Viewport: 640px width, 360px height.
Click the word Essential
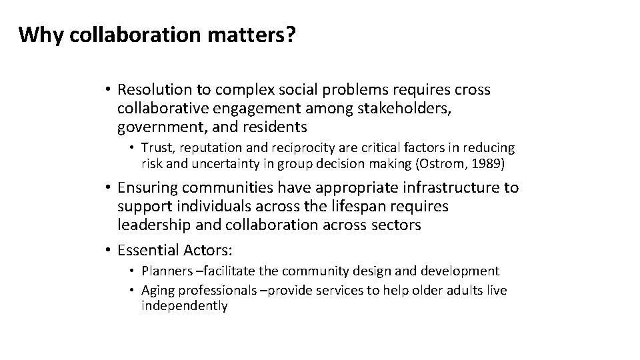pyautogui.click(x=149, y=250)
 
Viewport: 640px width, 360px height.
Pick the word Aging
pyautogui.click(x=157, y=291)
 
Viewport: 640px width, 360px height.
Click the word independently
pyautogui.click(x=184, y=306)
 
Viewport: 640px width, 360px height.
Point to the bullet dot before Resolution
pyautogui.click(x=107, y=89)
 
